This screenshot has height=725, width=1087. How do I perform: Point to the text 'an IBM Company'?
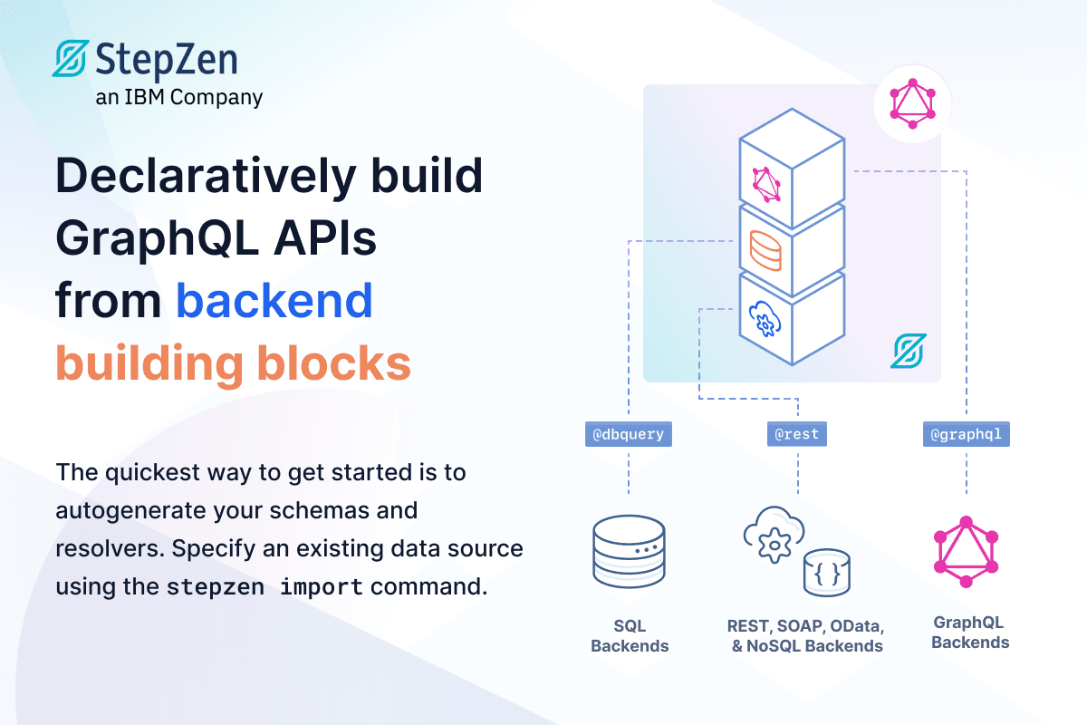(x=179, y=97)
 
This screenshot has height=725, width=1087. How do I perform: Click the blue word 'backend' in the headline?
(x=274, y=301)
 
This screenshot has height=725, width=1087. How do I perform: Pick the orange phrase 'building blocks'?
(x=233, y=363)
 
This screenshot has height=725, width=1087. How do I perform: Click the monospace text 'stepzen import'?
(x=265, y=586)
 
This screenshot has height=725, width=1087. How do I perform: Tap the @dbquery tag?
(x=628, y=434)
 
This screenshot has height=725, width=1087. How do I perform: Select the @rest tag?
(x=797, y=434)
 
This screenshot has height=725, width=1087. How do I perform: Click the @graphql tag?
(x=966, y=434)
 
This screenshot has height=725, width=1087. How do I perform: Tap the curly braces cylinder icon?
(x=826, y=571)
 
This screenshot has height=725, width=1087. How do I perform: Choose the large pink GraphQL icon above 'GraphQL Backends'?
(x=966, y=552)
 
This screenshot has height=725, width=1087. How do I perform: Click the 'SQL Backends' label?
(x=629, y=636)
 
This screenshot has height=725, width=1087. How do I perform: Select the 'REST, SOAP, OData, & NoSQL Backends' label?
(x=804, y=636)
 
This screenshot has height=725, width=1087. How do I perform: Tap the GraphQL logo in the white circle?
(x=912, y=103)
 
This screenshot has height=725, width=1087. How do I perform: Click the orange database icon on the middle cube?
(x=765, y=250)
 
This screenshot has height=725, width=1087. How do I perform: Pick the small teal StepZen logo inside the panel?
(x=907, y=351)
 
